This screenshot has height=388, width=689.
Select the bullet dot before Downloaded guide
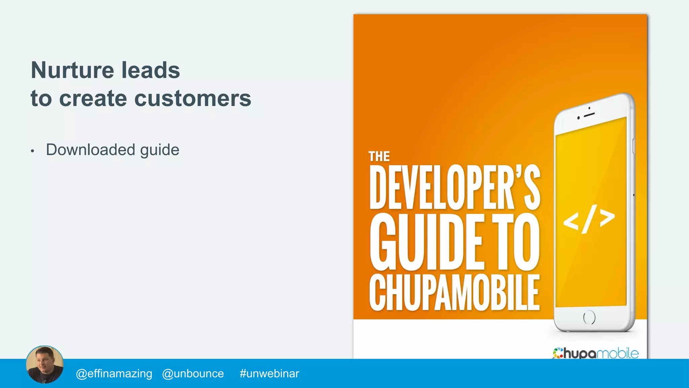pyautogui.click(x=32, y=151)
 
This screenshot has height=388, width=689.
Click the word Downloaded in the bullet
pyautogui.click(x=90, y=150)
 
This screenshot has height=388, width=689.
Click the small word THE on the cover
pyautogui.click(x=379, y=157)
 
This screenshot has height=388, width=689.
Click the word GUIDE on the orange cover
pyautogui.click(x=426, y=242)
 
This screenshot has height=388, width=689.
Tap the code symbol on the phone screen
pyautogui.click(x=589, y=219)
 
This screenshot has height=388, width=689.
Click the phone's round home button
pyautogui.click(x=589, y=317)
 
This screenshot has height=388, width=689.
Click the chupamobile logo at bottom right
pyautogui.click(x=595, y=353)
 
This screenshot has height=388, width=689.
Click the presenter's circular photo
pyautogui.click(x=45, y=364)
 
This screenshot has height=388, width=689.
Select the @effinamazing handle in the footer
pyautogui.click(x=114, y=374)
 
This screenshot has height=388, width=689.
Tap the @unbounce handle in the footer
pyautogui.click(x=193, y=374)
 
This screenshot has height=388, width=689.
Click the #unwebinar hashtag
pyautogui.click(x=269, y=374)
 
